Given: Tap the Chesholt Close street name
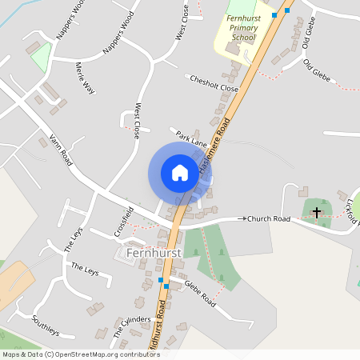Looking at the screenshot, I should [x=214, y=84].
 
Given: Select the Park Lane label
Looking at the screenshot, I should [x=192, y=137].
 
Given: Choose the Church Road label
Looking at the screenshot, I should [x=268, y=218].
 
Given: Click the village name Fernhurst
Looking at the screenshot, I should [x=154, y=253].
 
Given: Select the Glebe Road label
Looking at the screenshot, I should [x=201, y=289].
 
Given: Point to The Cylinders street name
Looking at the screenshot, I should [x=131, y=325].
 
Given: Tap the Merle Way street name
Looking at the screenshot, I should [x=84, y=78].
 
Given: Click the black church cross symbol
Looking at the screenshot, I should [x=317, y=213].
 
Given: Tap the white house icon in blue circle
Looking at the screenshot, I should [x=179, y=173].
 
